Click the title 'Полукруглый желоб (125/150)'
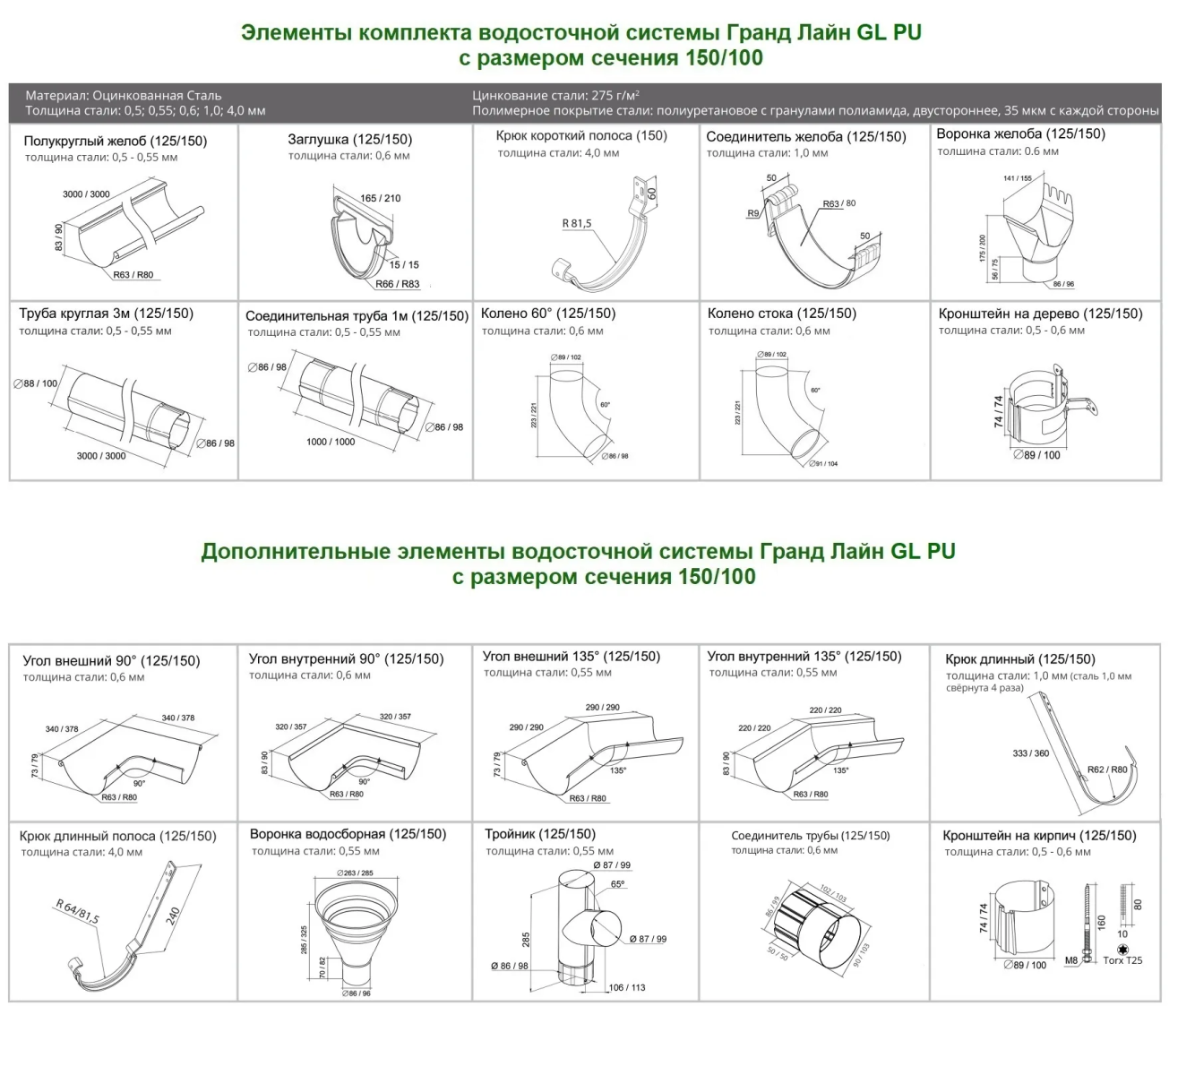pos(115,141)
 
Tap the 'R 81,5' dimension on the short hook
pos(577,223)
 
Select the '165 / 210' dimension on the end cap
pos(381,198)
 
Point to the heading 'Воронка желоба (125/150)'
pos(1020,134)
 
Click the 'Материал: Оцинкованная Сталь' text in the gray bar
pos(124,95)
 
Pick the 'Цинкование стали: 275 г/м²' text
pos(555,95)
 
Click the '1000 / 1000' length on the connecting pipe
pos(331,442)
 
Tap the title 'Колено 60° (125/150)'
pos(548,314)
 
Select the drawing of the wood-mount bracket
pos(1046,408)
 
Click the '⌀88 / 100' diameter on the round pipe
pos(36,383)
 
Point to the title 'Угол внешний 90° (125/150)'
pos(111,661)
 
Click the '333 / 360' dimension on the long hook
pos(1030,753)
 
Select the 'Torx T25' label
pos(1122,960)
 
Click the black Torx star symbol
pos(1122,949)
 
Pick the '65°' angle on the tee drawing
pos(618,884)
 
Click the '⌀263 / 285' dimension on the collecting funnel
pos(355,873)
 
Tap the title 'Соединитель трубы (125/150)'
pos(810,836)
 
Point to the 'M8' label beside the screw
pos(1071,960)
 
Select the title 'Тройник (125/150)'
pos(539,834)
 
